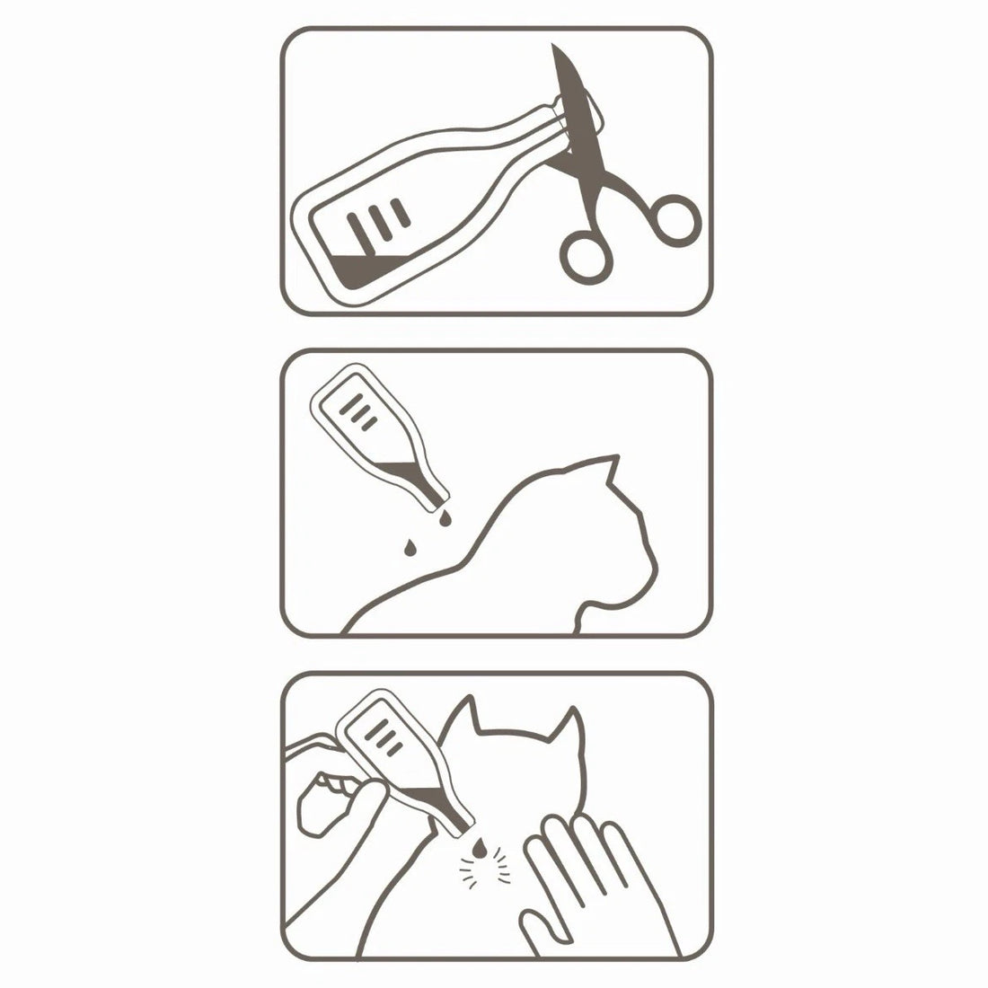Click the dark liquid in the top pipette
[x=359, y=269]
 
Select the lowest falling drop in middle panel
[x=410, y=546]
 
